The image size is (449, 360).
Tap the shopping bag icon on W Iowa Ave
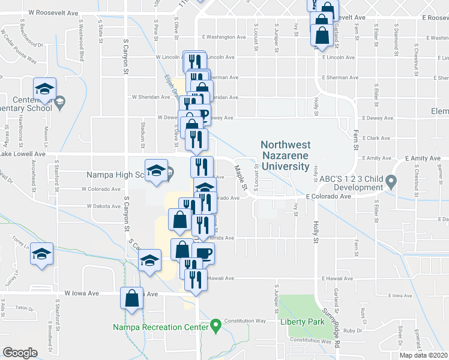(132, 298)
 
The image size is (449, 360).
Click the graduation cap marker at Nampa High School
(156, 169)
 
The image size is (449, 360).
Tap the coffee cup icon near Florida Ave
(203, 253)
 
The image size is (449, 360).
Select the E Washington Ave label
(224, 37)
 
